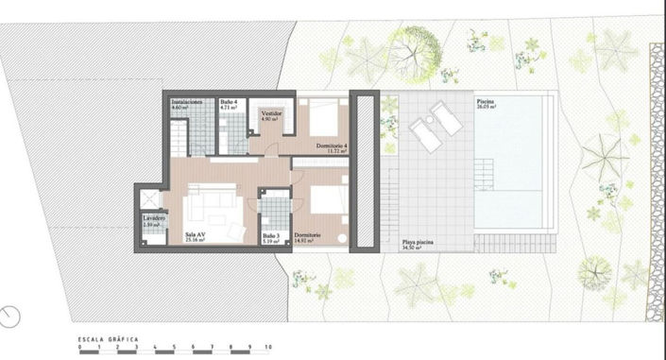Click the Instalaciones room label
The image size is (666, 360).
coord(186,101)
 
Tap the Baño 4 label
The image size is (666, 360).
coord(230,101)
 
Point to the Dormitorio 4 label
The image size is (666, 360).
coord(333,146)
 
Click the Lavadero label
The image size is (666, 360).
coord(155,219)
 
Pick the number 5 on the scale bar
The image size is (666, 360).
coord(175,350)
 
